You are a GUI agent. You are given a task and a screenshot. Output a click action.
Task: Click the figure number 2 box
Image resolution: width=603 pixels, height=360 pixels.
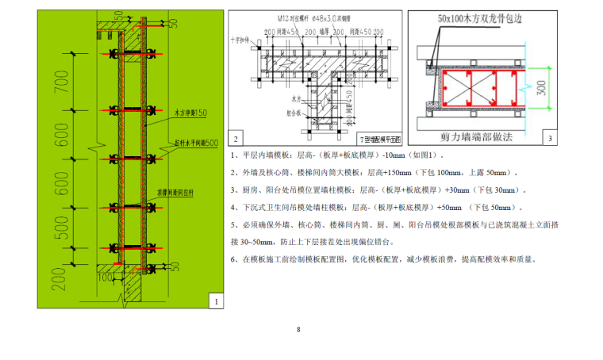point(237,140)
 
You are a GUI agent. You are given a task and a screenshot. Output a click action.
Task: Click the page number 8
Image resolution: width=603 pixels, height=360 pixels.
point(298,329)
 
